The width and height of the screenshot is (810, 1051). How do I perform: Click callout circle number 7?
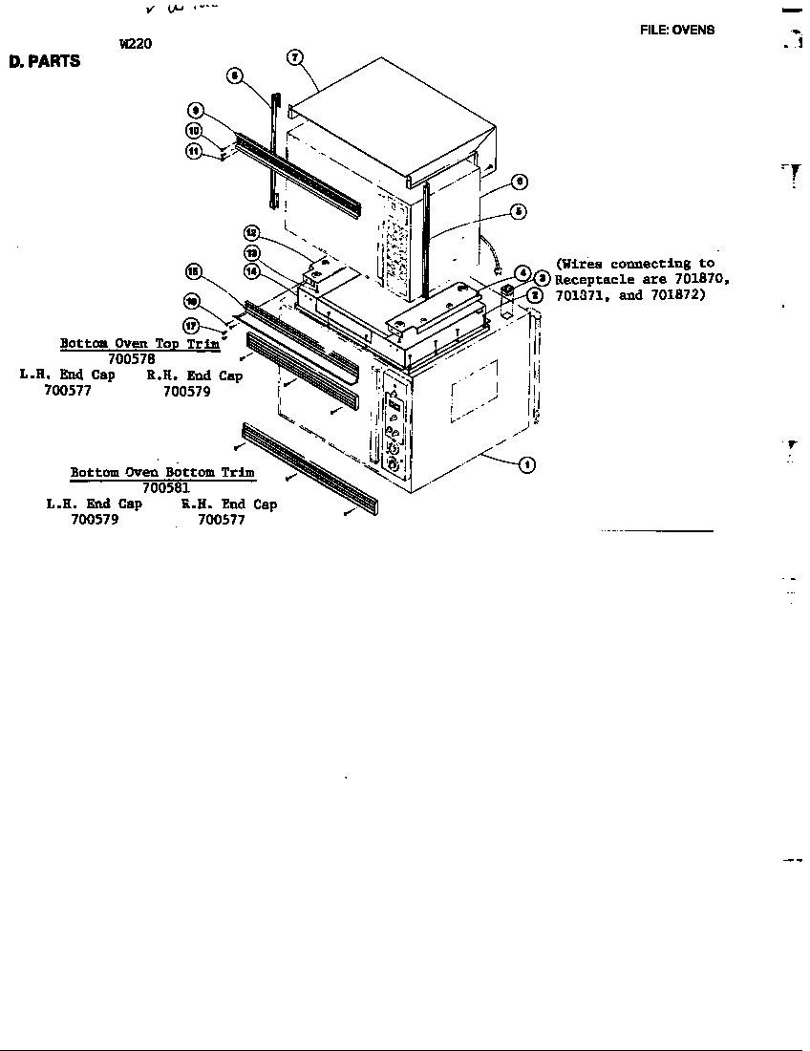coord(296,57)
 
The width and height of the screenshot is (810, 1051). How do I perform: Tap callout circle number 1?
coord(526,465)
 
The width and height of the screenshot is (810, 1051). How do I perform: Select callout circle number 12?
coord(251,232)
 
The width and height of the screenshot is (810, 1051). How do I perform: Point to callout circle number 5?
coord(517,211)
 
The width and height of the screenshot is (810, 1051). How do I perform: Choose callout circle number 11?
coord(192,152)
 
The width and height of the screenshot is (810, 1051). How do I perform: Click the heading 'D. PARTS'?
coord(45,62)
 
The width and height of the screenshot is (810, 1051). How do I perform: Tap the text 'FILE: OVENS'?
coord(676,30)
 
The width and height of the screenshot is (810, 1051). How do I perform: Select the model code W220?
coord(136,43)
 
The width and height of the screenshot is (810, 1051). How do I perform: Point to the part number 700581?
coord(166,487)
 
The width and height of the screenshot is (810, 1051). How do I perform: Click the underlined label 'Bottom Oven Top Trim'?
coord(139,344)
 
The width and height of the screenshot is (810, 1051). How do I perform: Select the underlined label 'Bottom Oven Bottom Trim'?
coord(162,473)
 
